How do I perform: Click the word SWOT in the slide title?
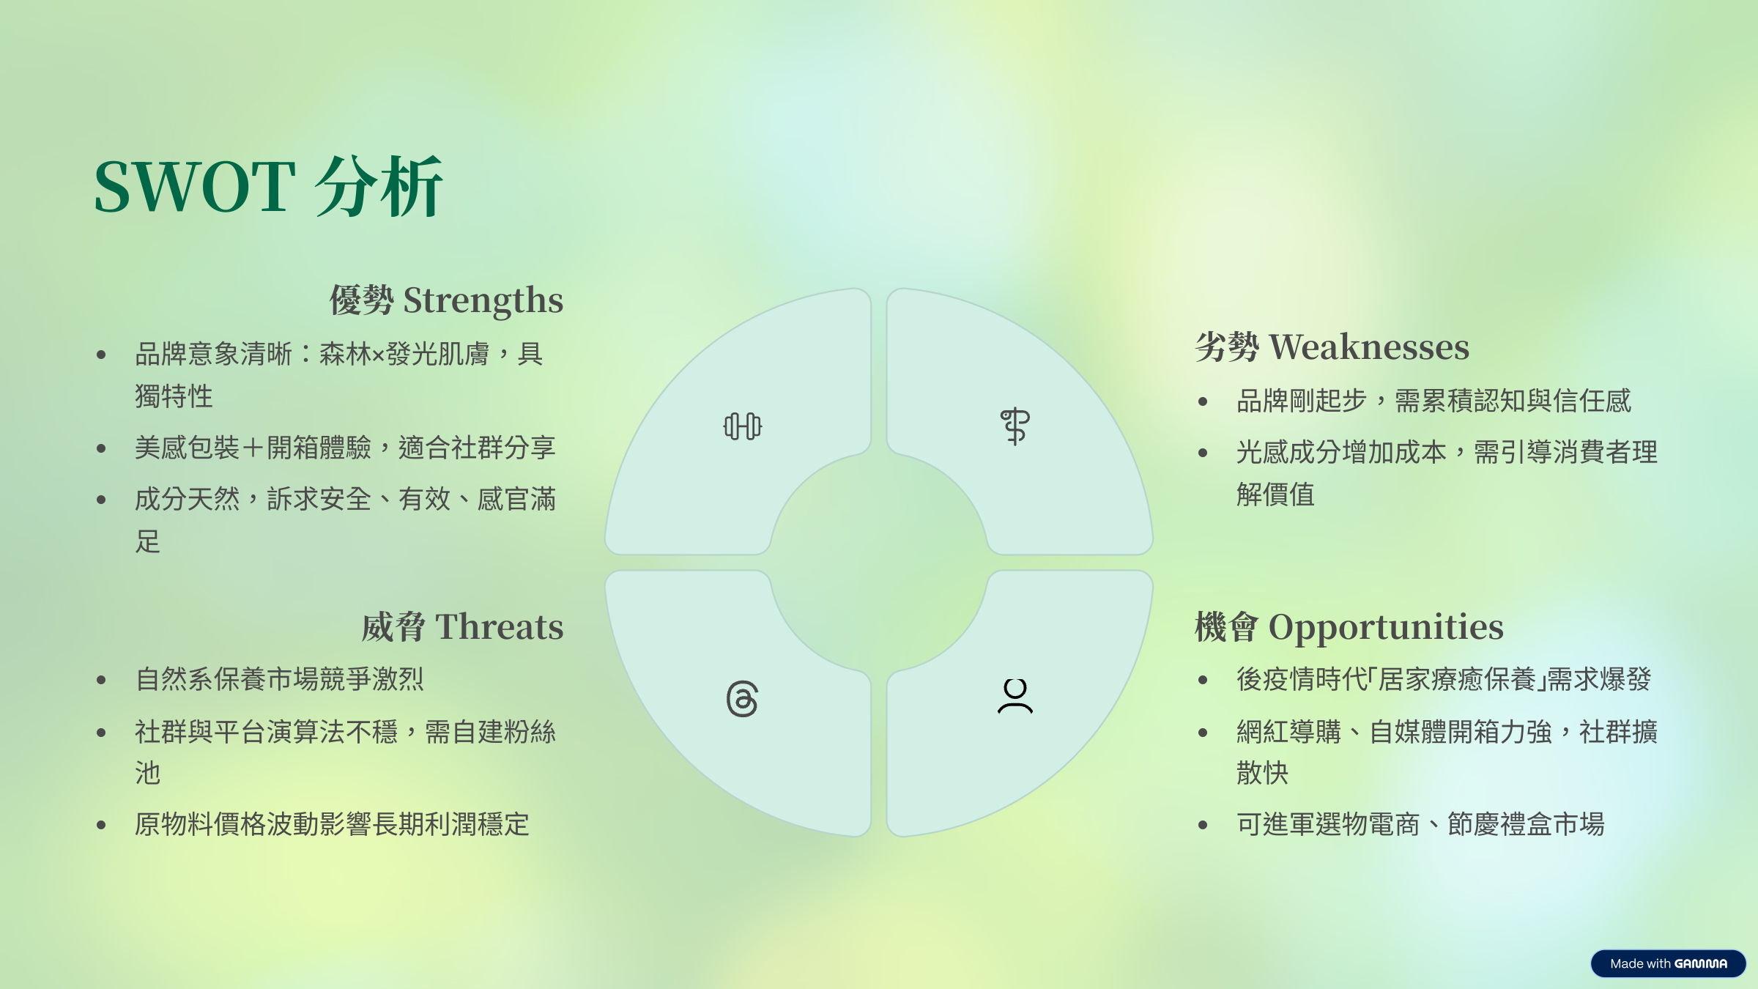[x=195, y=187]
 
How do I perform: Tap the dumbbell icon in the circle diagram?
[x=742, y=426]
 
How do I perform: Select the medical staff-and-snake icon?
[x=1015, y=426]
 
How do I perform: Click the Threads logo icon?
[x=742, y=699]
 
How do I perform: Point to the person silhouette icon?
[x=1015, y=696]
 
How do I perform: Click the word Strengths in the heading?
[x=483, y=300]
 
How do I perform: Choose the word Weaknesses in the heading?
[x=1369, y=347]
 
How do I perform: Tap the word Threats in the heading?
[x=500, y=627]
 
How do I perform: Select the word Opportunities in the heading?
[x=1386, y=628]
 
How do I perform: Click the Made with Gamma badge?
[x=1668, y=963]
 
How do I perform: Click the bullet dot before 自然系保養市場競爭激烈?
[x=101, y=681]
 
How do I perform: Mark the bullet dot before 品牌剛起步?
[x=1203, y=401]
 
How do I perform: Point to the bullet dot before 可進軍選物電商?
[x=1203, y=825]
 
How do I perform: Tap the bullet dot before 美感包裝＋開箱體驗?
[x=101, y=448]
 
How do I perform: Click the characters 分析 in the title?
[x=379, y=187]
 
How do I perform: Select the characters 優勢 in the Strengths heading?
[x=362, y=300]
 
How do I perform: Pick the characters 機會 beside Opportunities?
[x=1227, y=627]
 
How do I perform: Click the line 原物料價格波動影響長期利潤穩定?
[x=332, y=825]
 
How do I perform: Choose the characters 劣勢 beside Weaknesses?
[x=1227, y=347]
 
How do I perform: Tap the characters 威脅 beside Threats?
[x=394, y=627]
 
